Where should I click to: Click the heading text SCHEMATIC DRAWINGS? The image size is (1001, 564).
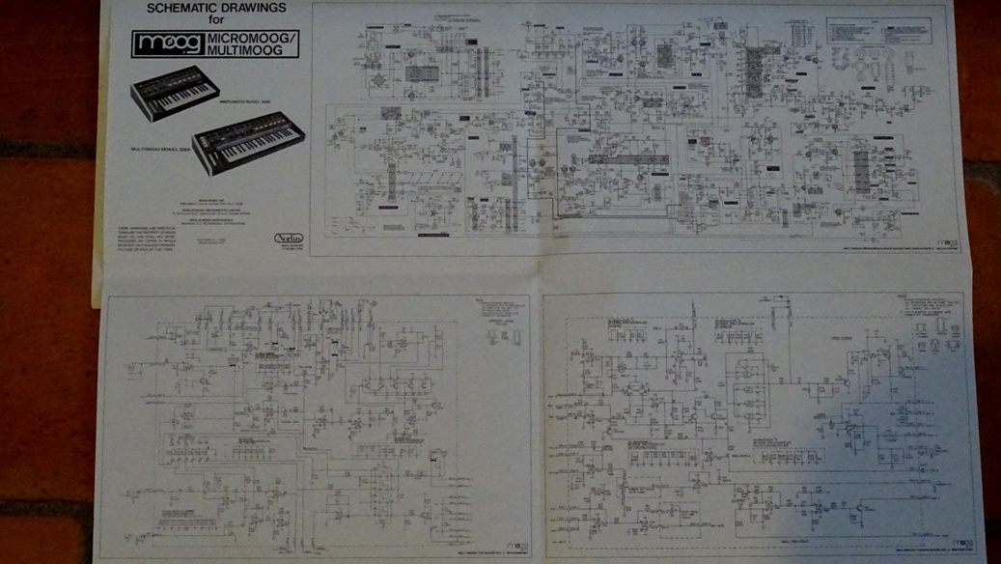216,9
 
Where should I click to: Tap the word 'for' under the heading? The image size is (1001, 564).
216,20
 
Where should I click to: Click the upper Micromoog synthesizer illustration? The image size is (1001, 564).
175,92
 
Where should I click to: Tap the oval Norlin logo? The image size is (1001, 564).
289,238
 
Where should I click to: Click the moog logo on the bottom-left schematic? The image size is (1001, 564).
516,548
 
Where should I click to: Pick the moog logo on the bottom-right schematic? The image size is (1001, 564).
963,544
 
